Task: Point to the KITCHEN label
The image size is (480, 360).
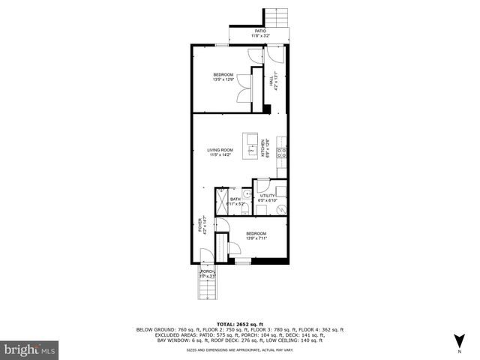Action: click(263, 148)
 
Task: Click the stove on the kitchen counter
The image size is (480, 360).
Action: click(282, 153)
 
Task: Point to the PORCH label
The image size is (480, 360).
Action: click(208, 274)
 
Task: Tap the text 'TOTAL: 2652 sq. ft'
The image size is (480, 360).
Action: click(239, 323)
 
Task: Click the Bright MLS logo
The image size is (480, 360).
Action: click(30, 349)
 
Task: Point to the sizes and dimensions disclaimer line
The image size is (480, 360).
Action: click(239, 349)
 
